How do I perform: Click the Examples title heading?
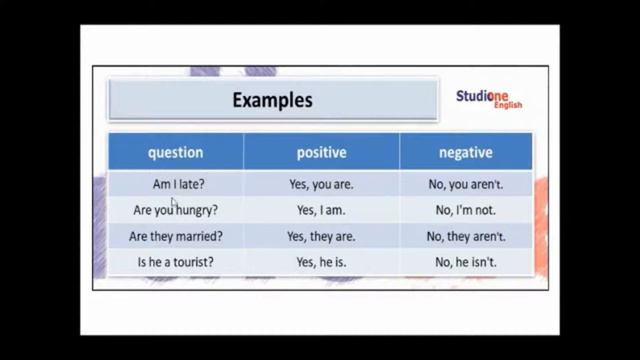272,100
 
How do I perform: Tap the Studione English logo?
489,99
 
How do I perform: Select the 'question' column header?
175,153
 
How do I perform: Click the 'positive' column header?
321,153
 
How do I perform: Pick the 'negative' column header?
466,153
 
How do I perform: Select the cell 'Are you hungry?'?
176,211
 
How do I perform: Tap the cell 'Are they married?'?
176,237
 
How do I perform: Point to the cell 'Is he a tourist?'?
176,263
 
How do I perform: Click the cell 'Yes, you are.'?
321,185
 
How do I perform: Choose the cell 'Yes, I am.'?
321,211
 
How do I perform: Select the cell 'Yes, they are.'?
321,237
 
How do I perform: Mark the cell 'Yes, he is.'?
321,263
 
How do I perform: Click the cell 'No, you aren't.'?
466,185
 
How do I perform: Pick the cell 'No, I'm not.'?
466,211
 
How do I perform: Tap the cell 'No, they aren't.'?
466,237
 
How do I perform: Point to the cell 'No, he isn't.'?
466,263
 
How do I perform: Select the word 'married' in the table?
200,237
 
